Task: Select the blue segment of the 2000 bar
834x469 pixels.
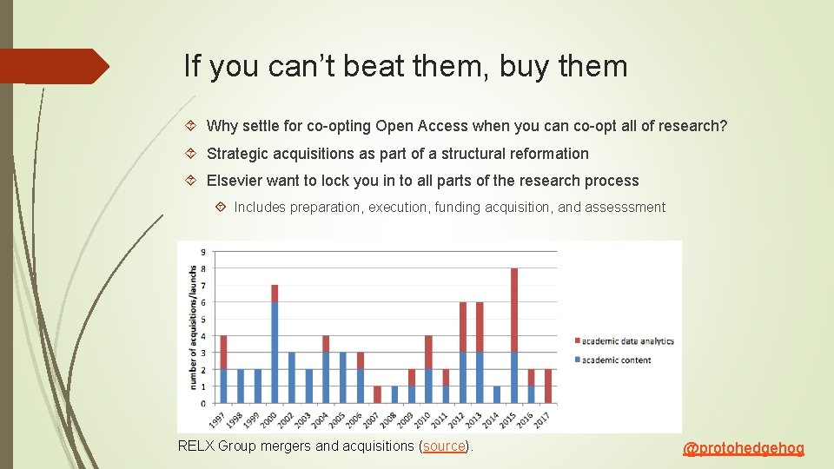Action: point(275,353)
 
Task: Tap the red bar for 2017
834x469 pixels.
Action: point(548,386)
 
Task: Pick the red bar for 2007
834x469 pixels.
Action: point(377,395)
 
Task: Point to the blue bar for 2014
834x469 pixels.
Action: point(497,395)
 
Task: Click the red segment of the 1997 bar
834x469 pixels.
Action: point(223,353)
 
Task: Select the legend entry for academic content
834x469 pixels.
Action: point(616,360)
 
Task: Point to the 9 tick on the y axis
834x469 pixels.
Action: point(202,252)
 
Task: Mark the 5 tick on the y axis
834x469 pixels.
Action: point(202,320)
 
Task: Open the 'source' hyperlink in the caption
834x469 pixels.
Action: point(444,446)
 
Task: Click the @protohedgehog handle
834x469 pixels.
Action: point(744,449)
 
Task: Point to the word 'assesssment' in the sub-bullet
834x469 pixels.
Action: point(625,208)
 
